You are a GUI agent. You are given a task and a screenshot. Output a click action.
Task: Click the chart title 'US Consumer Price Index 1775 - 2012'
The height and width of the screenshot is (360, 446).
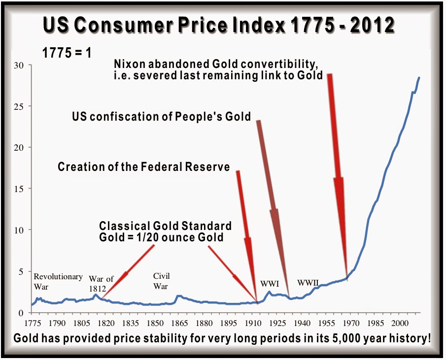coord(219,26)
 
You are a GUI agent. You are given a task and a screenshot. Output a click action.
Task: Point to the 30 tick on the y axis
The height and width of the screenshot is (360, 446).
coord(20,65)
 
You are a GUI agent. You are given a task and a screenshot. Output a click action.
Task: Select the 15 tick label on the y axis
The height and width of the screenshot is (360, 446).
coord(20,189)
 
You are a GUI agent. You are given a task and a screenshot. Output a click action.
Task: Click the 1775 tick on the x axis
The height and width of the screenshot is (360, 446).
coord(33,323)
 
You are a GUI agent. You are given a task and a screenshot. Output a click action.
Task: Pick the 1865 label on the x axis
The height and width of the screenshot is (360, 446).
coord(179,323)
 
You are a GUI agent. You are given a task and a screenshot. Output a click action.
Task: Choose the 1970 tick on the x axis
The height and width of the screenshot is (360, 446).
coord(350,323)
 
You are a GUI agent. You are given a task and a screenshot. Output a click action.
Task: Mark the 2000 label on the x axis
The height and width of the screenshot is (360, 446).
coord(399,323)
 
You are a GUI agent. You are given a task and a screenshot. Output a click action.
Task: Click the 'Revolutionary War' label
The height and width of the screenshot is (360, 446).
coord(58,281)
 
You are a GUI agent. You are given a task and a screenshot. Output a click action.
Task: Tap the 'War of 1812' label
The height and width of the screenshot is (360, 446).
coord(101,284)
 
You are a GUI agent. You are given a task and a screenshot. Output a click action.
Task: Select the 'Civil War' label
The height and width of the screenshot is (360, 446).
coord(161,281)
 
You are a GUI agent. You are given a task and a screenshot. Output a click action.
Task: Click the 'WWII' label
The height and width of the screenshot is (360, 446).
coord(308,283)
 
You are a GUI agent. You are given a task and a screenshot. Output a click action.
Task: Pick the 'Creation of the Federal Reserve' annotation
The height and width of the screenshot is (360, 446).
coord(144,167)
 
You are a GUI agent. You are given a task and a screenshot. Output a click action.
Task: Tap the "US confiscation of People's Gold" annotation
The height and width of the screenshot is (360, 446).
coord(162,117)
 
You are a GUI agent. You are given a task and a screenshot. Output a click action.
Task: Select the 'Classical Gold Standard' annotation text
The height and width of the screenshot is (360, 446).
coord(165,226)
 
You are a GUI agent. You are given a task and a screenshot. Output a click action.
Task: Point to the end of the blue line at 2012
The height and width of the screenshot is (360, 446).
coord(419,77)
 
